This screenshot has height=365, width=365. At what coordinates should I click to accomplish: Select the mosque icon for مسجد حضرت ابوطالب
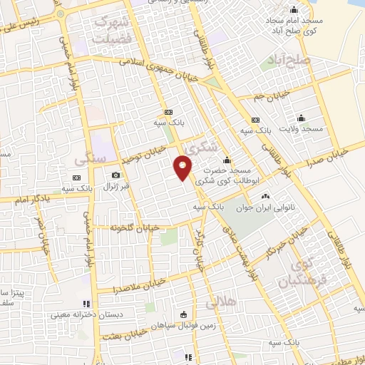[x=227, y=160]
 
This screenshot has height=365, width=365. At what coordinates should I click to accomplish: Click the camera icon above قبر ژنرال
[x=115, y=175]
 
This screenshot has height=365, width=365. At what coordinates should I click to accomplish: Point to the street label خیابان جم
[x=273, y=93]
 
